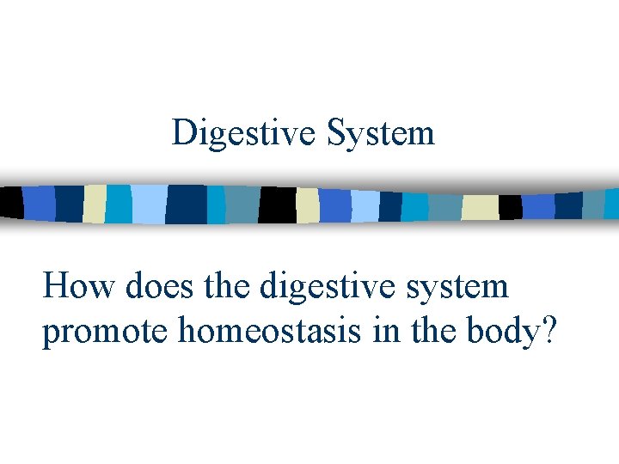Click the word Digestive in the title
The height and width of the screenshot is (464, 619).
(x=245, y=133)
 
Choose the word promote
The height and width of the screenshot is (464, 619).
(x=105, y=332)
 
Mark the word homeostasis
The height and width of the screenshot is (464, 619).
(x=268, y=332)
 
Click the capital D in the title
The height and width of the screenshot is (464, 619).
(x=183, y=133)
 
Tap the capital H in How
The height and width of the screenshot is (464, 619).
(x=56, y=286)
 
